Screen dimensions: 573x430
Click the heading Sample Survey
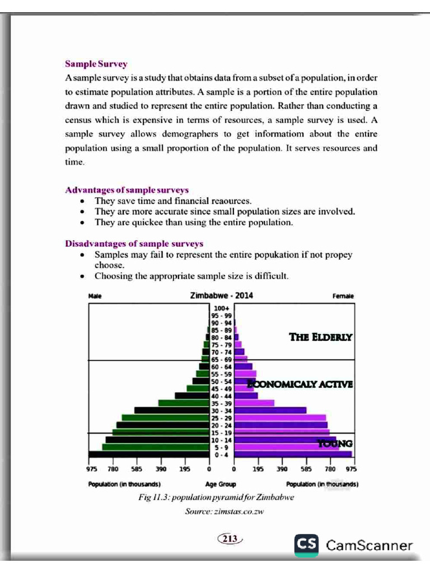(96, 64)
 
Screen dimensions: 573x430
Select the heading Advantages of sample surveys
(127, 190)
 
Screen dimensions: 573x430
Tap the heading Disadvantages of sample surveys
(134, 243)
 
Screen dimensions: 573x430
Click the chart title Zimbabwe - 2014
(221, 295)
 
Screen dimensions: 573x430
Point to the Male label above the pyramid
(95, 296)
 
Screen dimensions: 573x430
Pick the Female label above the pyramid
(343, 296)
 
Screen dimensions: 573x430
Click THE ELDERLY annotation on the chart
(320, 337)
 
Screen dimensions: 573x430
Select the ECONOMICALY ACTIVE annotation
(300, 384)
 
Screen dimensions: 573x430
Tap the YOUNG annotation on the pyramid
(335, 443)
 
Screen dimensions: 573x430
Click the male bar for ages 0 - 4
(148, 454)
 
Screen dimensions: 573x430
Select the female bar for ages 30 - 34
(270, 410)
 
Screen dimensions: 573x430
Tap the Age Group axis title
(221, 484)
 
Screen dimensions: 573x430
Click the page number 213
(230, 539)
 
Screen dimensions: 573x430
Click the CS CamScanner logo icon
(307, 544)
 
